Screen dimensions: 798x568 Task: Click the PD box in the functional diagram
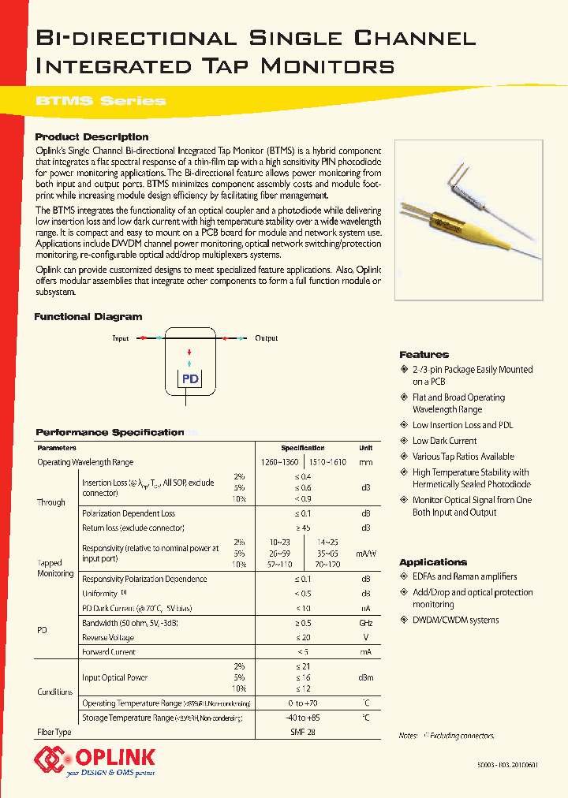coord(190,378)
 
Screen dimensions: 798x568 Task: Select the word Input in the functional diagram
coord(121,338)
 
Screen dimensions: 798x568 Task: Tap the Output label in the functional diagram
coord(266,338)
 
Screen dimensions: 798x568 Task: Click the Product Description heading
coord(92,136)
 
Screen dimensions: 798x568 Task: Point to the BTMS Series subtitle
coord(101,101)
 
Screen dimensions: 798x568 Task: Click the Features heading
coord(424,355)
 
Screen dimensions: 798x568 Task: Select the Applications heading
coord(433,562)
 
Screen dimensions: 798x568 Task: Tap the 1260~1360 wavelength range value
coord(279,462)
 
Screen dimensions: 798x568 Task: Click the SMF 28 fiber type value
coord(303,732)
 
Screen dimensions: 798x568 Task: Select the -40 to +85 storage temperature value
coord(303,718)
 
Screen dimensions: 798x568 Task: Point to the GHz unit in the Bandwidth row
coord(366,623)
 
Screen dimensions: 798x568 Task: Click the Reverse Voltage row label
coord(109,637)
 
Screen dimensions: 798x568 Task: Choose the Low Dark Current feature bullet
coord(444,441)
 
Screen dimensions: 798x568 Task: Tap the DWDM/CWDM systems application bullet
coord(455,621)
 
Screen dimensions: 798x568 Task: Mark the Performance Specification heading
coord(110,432)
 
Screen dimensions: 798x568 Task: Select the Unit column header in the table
coord(366,448)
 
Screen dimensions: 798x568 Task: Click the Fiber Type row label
coord(54,732)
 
